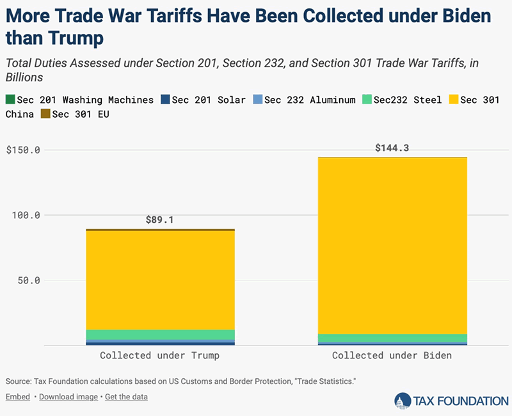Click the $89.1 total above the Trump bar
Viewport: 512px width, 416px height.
point(160,220)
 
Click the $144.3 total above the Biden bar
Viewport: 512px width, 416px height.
point(392,148)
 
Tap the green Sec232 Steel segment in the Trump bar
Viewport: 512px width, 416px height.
point(160,335)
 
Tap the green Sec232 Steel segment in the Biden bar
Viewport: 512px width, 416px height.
point(392,338)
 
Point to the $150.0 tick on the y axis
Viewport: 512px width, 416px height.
point(23,150)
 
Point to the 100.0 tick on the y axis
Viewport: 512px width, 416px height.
point(26,215)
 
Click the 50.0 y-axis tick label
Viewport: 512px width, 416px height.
point(29,280)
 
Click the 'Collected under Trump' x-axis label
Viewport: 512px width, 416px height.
point(160,356)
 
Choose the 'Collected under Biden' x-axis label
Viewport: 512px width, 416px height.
point(392,356)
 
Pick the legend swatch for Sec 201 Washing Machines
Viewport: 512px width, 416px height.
point(10,100)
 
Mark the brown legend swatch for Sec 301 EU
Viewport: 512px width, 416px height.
point(45,114)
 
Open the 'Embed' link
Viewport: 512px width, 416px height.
point(18,397)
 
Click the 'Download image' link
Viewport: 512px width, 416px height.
point(68,397)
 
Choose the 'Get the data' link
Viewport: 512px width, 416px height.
point(126,397)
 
